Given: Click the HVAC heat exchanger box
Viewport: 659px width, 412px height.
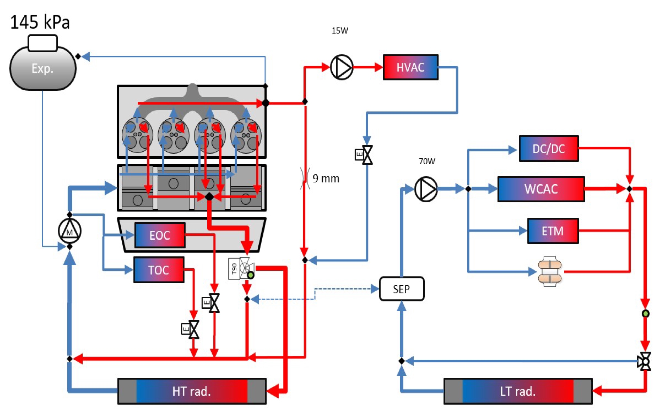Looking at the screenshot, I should tap(410, 67).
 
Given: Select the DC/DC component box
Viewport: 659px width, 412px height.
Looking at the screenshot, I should tap(548, 149).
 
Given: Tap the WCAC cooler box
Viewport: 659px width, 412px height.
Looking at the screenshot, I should tap(541, 189).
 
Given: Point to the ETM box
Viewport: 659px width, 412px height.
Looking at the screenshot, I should tap(553, 231).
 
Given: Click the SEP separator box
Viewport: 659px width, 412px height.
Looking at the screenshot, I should tap(401, 289).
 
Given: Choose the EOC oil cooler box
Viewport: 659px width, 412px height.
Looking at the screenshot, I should tap(160, 235).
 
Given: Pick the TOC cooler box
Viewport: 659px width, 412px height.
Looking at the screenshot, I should tap(159, 270).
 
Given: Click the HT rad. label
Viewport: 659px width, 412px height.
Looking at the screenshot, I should tap(191, 391).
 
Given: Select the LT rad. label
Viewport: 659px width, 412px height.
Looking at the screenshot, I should tap(518, 391).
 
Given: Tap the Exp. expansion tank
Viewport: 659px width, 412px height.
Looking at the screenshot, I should tap(43, 68).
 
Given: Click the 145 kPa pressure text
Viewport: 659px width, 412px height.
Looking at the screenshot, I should tap(40, 22).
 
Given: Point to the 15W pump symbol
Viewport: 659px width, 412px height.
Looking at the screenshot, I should tap(341, 67).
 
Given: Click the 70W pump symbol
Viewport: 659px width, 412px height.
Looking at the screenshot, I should tap(426, 189).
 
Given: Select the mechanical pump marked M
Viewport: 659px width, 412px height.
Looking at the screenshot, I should tap(69, 231).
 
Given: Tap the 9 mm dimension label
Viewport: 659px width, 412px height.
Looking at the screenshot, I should tap(326, 179).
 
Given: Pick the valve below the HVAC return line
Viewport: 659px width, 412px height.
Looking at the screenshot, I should tap(364, 155).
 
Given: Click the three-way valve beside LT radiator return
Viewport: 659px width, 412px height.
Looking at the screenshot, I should tap(645, 361).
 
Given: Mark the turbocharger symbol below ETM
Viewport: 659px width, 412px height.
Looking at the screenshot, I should tap(550, 272).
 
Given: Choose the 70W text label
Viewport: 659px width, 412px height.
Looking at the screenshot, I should tap(427, 161).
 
